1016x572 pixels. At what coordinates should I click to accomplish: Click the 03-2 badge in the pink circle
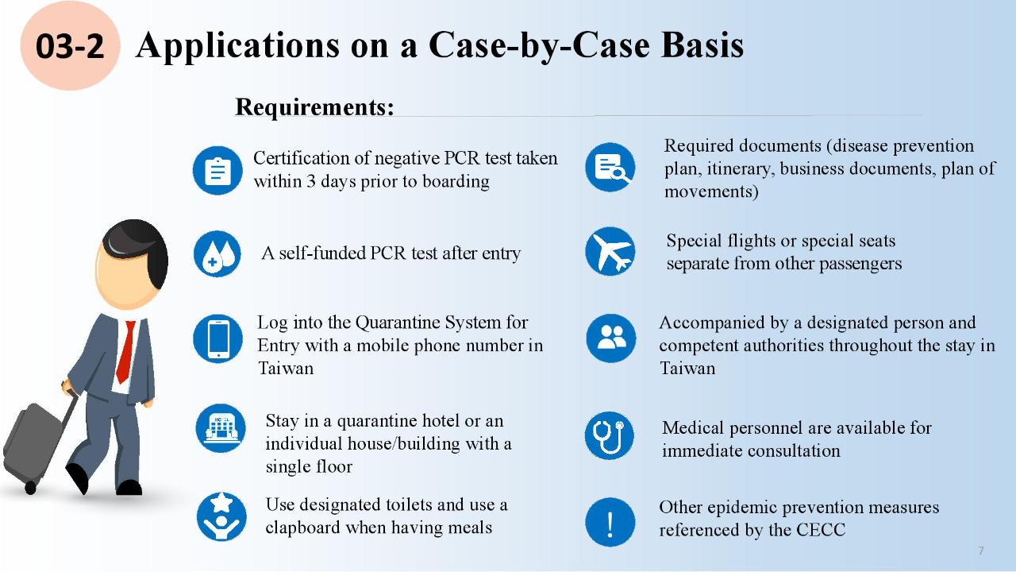pos(70,46)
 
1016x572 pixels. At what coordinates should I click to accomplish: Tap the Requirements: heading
pos(314,106)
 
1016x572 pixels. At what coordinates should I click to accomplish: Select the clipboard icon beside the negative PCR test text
pos(217,170)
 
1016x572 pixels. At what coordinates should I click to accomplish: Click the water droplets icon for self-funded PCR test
pos(217,254)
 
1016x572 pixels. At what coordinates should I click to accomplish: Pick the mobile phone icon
pos(217,338)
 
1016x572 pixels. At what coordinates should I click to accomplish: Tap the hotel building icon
pos(221,428)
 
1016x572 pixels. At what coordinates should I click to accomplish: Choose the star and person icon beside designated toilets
pos(221,516)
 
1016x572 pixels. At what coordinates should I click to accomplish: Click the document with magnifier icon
pos(610,168)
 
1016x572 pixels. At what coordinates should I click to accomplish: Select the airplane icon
pos(610,252)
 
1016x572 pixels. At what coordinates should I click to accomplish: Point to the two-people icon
pos(610,338)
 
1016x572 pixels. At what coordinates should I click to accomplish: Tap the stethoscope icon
pos(610,435)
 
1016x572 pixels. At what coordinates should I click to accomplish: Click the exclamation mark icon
pos(610,523)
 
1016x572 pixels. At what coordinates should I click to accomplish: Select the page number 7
pos(981,551)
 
